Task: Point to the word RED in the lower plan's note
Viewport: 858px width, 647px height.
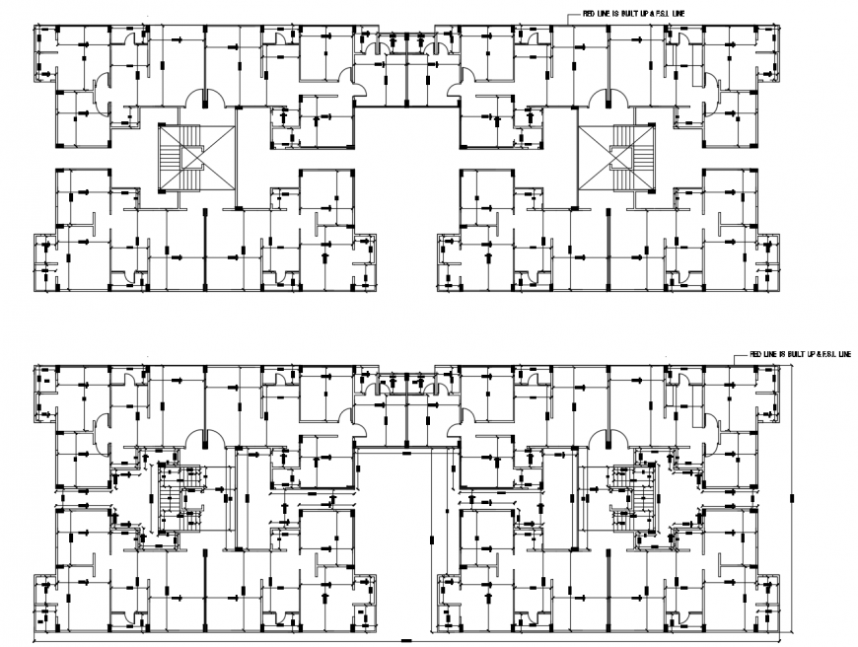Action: pyautogui.click(x=754, y=352)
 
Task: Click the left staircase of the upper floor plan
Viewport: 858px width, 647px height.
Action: pyautogui.click(x=197, y=158)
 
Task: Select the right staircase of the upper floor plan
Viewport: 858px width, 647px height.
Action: pyautogui.click(x=617, y=158)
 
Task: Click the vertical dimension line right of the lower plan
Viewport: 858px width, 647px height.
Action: pyautogui.click(x=792, y=498)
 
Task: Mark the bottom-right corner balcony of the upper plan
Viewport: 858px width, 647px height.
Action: pyautogui.click(x=767, y=262)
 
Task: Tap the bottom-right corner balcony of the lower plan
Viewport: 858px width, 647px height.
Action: pyautogui.click(x=767, y=603)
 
